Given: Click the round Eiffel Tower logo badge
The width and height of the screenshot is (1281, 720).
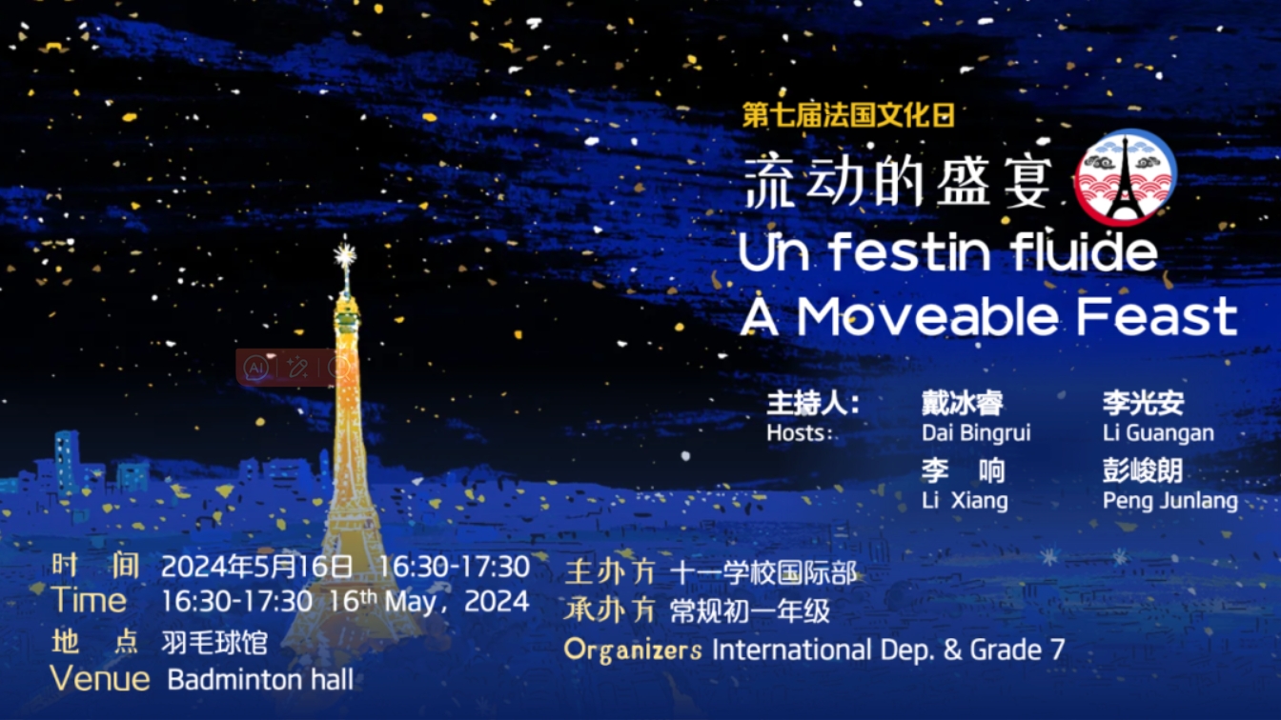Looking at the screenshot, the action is pyautogui.click(x=1125, y=177).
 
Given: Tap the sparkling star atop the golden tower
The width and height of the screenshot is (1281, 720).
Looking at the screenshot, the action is pyautogui.click(x=345, y=254).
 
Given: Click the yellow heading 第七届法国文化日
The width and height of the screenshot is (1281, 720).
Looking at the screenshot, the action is pyautogui.click(x=848, y=115).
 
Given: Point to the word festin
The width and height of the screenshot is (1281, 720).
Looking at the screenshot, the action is pyautogui.click(x=910, y=251).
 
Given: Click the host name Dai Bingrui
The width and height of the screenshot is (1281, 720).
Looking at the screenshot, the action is pyautogui.click(x=976, y=432).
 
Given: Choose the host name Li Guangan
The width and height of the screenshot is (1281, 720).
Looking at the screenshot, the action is pyautogui.click(x=1158, y=432).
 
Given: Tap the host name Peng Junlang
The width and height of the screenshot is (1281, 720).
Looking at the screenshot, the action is pyautogui.click(x=1170, y=501).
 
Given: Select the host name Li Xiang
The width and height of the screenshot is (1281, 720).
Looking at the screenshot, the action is pyautogui.click(x=965, y=500).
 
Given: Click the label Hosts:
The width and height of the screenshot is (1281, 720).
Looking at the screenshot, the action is pyautogui.click(x=799, y=432).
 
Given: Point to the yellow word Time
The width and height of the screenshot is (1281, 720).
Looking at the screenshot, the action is pyautogui.click(x=90, y=600).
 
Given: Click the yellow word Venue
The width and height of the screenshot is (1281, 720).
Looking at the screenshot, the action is pyautogui.click(x=100, y=678).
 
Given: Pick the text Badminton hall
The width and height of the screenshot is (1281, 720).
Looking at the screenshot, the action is pyautogui.click(x=260, y=679).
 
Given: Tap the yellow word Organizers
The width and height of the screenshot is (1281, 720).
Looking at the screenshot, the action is pyautogui.click(x=633, y=650).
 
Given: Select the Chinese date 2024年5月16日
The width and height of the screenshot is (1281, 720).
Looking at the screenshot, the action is pyautogui.click(x=256, y=567).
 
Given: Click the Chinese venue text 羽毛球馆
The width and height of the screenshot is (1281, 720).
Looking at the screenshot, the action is pyautogui.click(x=214, y=642).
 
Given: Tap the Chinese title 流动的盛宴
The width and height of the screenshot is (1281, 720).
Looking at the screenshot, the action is pyautogui.click(x=898, y=183).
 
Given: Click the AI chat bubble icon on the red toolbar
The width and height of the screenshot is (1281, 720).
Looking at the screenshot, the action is pyautogui.click(x=255, y=368).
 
